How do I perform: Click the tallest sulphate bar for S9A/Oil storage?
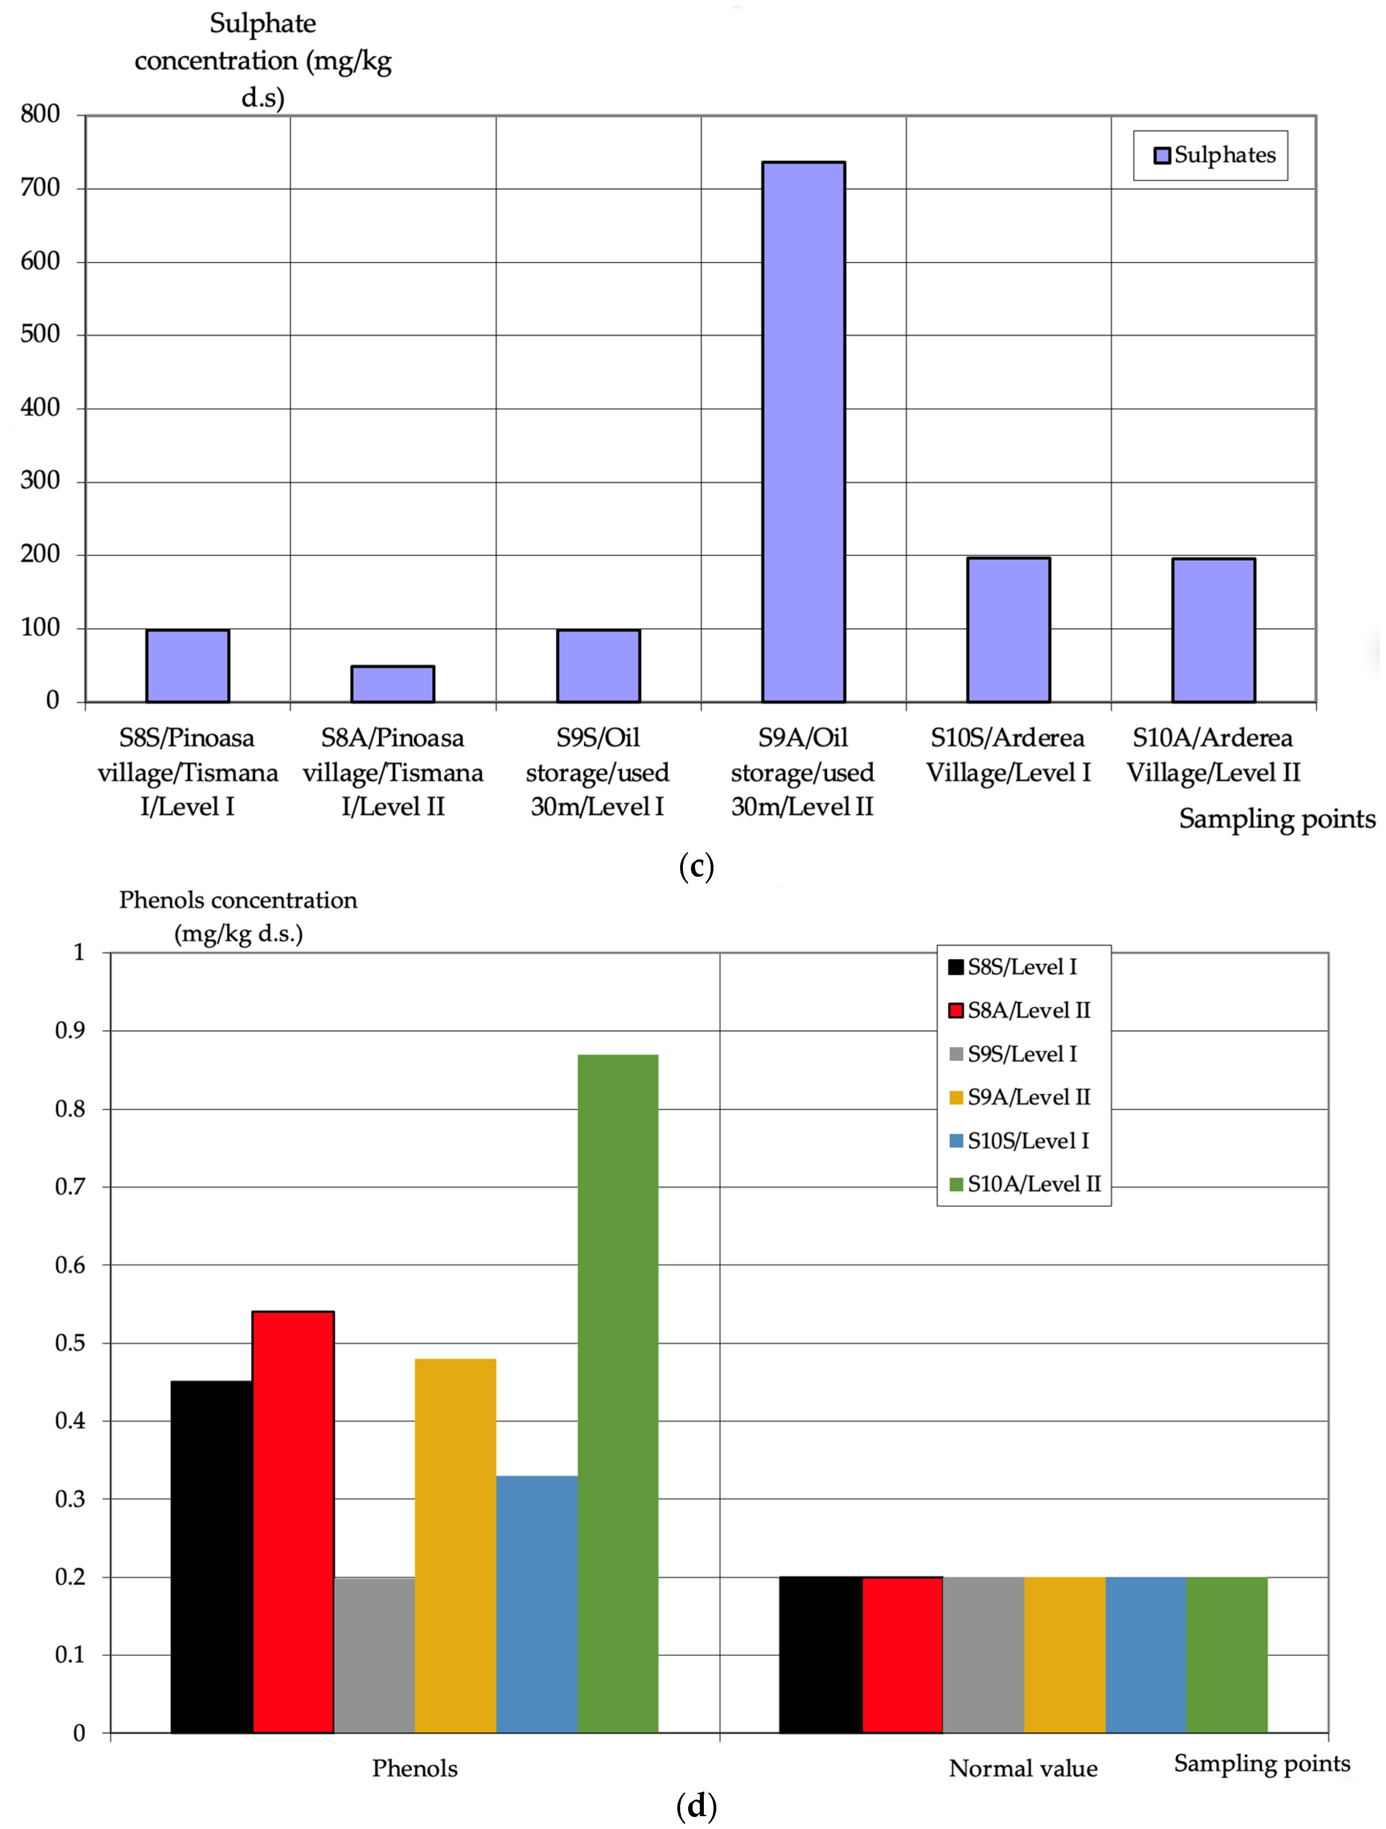coord(803,432)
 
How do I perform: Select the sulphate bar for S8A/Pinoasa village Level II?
coord(393,684)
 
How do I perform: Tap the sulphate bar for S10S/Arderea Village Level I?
coord(1008,630)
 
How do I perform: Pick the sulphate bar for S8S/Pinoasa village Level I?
coord(188,666)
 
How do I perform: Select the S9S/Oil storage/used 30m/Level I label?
coord(597,771)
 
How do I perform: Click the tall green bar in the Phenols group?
coord(618,1393)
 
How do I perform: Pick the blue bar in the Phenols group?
coord(537,1604)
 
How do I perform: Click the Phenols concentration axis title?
coord(238,916)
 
